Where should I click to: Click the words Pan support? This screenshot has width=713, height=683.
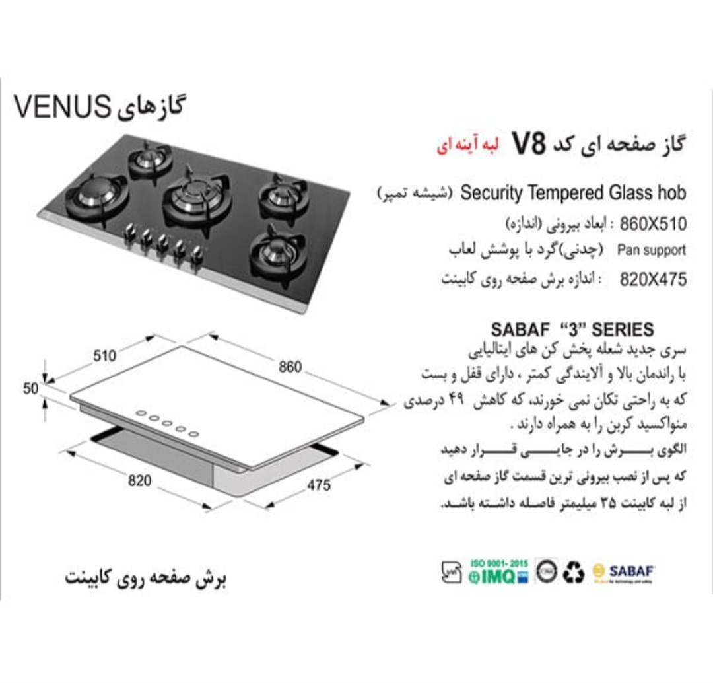point(652,251)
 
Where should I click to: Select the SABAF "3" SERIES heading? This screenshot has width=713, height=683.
point(572,329)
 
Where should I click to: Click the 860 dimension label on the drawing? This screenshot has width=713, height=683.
point(290,367)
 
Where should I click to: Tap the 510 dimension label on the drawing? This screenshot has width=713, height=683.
point(104,356)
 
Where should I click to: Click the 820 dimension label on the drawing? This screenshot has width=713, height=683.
point(139,481)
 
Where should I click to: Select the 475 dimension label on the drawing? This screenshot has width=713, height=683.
point(318,486)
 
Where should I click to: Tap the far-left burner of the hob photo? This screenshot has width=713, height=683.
point(96,194)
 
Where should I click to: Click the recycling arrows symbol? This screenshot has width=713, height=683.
point(573,573)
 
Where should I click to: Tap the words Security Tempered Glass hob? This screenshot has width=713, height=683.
point(573,193)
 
